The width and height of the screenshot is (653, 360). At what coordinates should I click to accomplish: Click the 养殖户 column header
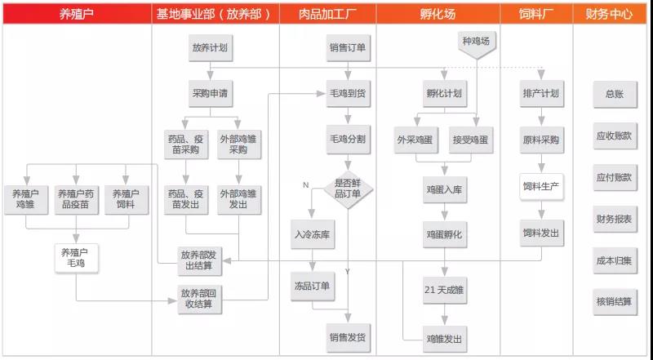77,14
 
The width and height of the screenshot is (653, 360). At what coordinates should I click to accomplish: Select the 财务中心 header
609,14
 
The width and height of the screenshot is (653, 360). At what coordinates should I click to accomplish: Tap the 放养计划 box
210,48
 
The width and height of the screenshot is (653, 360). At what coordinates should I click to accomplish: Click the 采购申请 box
210,93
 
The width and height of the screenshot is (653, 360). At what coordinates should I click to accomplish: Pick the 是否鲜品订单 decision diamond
348,189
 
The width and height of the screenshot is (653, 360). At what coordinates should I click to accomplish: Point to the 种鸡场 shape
476,43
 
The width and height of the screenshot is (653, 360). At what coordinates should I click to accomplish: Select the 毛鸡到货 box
348,93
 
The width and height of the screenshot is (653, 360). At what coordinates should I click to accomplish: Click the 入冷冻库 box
313,234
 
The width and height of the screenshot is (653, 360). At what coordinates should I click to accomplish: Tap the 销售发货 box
348,337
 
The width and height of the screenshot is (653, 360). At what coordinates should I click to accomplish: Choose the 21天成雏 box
444,290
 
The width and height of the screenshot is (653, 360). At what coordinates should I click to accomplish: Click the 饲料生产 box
541,187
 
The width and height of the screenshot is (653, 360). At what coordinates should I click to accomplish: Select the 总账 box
615,94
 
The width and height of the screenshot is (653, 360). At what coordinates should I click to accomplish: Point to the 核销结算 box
615,302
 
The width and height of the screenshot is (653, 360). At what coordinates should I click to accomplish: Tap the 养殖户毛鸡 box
76,258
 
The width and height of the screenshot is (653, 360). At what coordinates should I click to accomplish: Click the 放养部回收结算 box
199,299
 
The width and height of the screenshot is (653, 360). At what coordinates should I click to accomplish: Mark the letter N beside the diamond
306,185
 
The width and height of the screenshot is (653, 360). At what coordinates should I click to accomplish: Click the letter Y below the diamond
348,272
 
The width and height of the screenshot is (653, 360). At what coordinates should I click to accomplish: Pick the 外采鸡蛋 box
415,140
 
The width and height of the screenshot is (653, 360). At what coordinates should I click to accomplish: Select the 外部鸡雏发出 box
238,199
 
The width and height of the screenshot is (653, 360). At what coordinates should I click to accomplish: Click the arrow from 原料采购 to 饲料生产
541,163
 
